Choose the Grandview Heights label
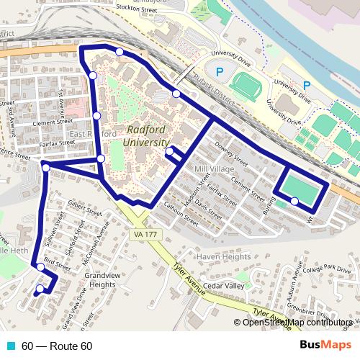(99, 279)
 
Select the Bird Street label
(58, 264)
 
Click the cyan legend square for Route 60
(9, 346)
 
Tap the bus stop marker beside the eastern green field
(294, 202)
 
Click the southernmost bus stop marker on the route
(39, 289)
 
